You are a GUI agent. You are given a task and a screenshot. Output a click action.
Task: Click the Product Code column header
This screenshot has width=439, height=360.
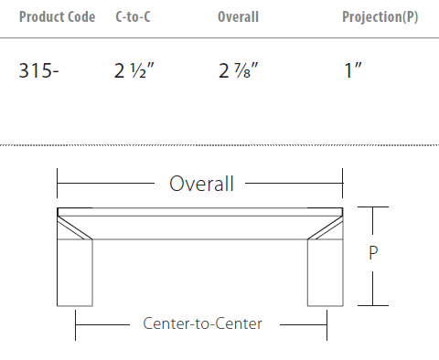point(57,17)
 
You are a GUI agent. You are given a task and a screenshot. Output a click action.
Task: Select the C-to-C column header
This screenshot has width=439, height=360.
point(134,17)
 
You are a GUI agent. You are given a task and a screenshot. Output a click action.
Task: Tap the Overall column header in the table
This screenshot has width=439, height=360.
point(238,17)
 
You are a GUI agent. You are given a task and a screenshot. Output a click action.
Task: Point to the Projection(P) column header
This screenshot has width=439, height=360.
point(380,17)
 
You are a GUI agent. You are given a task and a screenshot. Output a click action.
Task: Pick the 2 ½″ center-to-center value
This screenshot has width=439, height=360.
point(134,71)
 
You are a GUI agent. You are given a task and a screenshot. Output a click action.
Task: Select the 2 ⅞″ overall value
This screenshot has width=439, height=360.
point(239,71)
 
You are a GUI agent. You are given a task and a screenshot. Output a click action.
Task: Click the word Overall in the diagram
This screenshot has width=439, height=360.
point(201,184)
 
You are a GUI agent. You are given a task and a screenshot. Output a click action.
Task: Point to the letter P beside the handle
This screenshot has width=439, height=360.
point(373,255)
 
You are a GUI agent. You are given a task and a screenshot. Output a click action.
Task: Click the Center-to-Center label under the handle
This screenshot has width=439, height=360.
point(202,323)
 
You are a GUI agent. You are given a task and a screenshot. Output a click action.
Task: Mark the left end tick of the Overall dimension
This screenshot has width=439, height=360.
point(58,184)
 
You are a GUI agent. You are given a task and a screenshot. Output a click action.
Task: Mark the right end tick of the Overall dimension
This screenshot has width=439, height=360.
point(343,184)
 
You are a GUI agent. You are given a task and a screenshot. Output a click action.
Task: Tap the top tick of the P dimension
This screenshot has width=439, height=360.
point(373,207)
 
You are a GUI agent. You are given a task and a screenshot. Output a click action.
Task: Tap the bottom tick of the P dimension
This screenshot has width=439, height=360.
point(373,305)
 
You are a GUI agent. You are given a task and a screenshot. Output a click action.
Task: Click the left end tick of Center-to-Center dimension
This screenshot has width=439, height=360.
point(76,323)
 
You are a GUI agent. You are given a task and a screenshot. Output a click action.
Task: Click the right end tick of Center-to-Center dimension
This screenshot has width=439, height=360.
point(327,323)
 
